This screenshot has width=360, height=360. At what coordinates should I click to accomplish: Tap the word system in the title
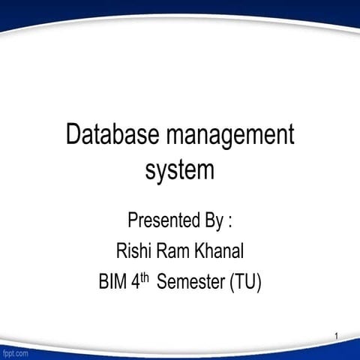[x=179, y=170]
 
